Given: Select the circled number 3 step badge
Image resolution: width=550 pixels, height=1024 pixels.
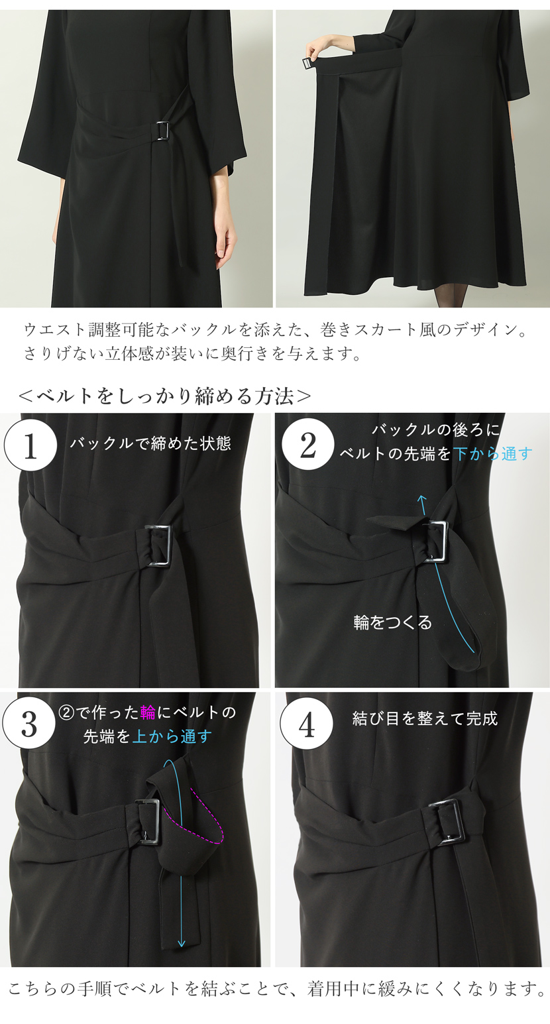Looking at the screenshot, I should [30, 724].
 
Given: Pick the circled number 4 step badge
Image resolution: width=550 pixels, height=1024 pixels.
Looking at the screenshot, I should [307, 724].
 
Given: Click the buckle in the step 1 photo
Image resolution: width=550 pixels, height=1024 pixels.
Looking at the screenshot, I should [159, 545].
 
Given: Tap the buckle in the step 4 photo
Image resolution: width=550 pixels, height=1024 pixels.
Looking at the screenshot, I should [449, 822].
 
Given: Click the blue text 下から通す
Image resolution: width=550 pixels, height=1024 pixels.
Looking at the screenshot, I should [493, 454].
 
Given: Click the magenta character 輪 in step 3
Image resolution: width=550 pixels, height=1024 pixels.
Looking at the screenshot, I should [148, 713].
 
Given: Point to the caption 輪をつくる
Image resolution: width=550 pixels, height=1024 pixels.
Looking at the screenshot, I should [392, 622].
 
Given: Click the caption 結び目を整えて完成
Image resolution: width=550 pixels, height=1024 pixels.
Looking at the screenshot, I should [425, 718].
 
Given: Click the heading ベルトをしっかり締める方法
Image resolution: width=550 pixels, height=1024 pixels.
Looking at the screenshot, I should [165, 396].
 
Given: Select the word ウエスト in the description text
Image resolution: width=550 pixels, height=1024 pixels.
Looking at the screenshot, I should [50, 329].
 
